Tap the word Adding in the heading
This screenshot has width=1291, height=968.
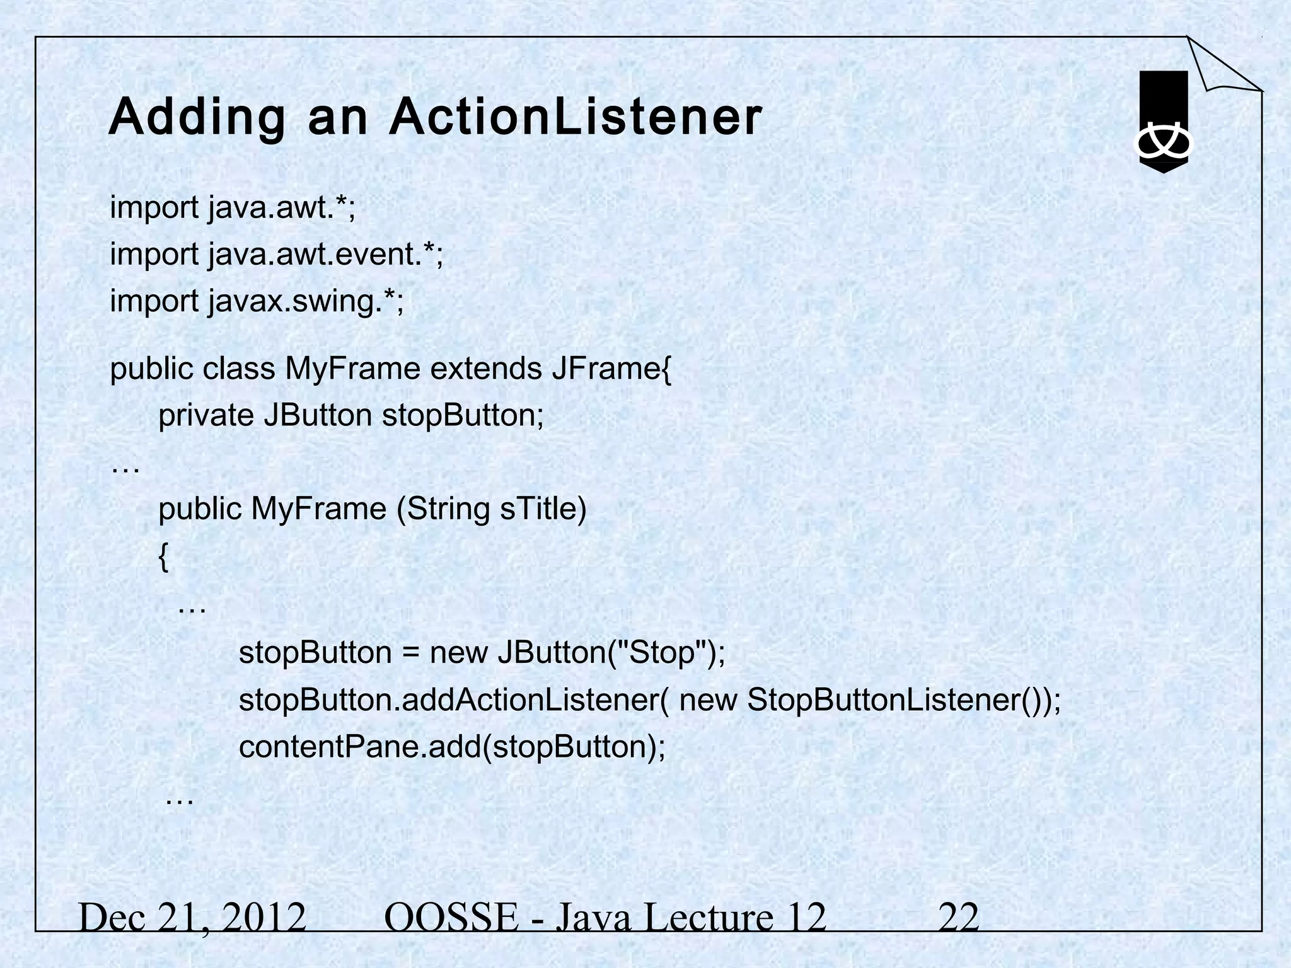(197, 118)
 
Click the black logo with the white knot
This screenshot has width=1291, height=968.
(1163, 123)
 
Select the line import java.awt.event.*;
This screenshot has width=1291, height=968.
(277, 255)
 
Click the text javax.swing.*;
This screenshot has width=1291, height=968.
(306, 301)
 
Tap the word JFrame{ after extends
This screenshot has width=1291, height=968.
(612, 369)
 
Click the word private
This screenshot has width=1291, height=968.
(206, 415)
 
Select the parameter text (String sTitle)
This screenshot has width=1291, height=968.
(492, 509)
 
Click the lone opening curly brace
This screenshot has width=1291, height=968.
(163, 557)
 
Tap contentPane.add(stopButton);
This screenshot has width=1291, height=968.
(452, 747)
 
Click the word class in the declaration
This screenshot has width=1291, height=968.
(239, 369)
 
